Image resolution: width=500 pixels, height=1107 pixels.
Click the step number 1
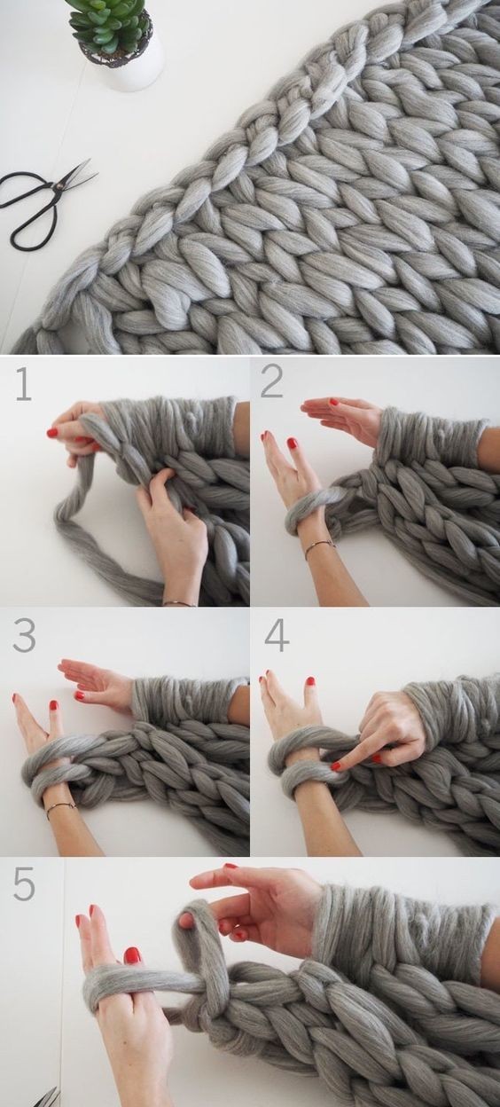pyautogui.click(x=24, y=383)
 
